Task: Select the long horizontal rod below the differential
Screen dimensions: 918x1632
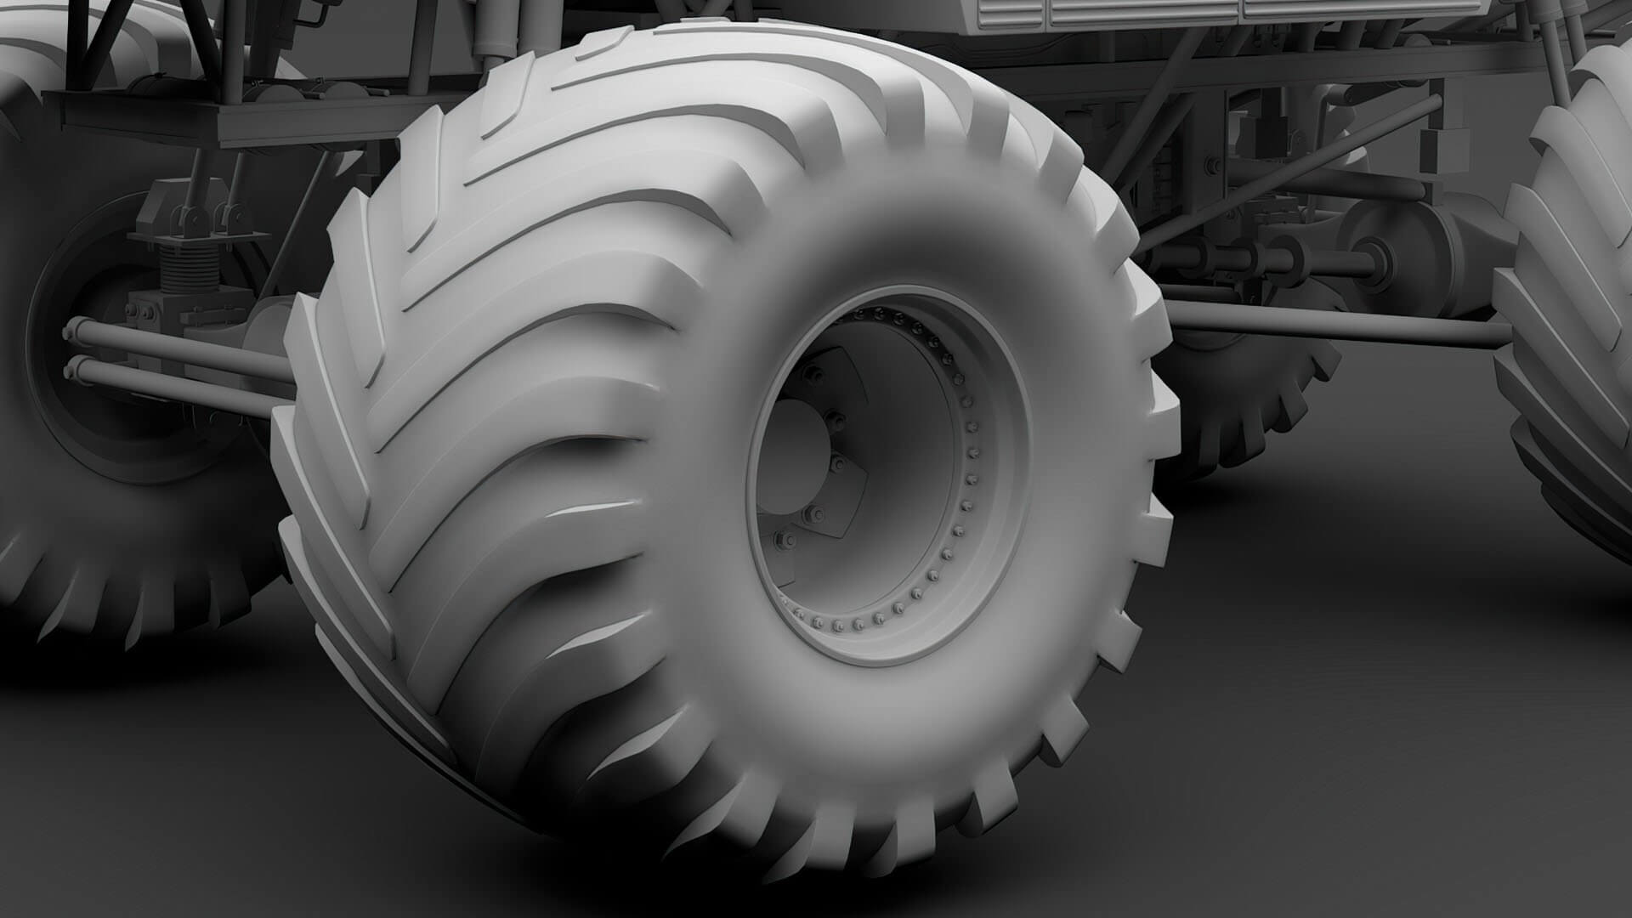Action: [1334, 323]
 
